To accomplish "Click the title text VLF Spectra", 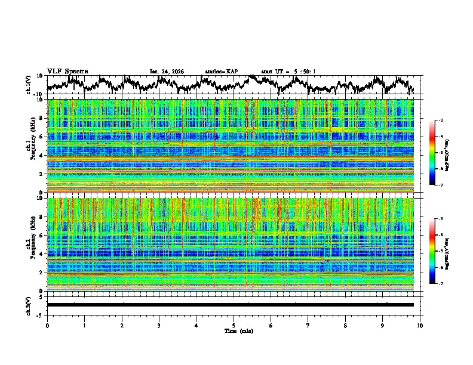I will click(x=67, y=71).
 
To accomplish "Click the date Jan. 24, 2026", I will click(x=167, y=72).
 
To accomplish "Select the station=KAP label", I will click(x=222, y=72).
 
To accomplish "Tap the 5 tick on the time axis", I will click(x=234, y=325).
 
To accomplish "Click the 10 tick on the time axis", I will click(x=420, y=325).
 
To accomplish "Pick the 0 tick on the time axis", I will click(x=47, y=325).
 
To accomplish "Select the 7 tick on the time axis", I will click(x=308, y=325).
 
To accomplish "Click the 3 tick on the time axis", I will click(x=159, y=325).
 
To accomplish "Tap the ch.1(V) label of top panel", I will click(x=29, y=85).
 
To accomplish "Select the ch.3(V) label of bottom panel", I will click(x=29, y=305).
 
